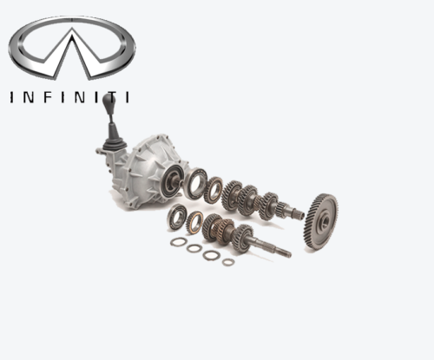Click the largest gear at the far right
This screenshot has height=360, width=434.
coord(321,222)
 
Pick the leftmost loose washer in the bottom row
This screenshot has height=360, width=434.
coord(178,242)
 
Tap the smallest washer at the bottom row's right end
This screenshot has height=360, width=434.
coord(228,261)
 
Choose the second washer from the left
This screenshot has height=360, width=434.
coord(194,248)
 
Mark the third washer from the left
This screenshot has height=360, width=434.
coord(211,255)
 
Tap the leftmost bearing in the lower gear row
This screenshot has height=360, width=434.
coord(177,218)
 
